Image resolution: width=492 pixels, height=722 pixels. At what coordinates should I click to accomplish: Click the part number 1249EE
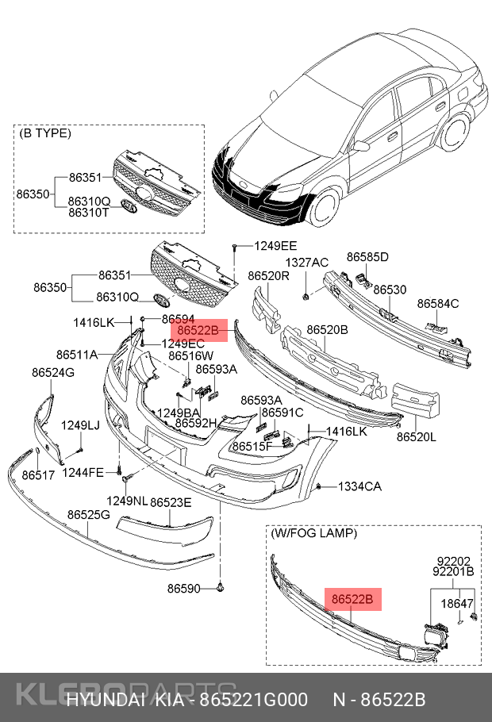tap(275, 246)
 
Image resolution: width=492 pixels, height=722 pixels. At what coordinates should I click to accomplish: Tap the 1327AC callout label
tap(307, 263)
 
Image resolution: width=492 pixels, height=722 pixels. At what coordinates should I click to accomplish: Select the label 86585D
tap(367, 257)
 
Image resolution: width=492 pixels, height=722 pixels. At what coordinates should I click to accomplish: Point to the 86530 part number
tap(390, 290)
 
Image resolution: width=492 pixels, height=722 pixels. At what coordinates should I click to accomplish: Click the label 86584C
tap(438, 303)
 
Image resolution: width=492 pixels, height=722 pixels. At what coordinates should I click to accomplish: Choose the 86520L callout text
tap(417, 436)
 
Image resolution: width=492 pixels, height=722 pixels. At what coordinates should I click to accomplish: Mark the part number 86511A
tap(77, 354)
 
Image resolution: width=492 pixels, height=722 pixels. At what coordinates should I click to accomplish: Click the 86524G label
tap(53, 372)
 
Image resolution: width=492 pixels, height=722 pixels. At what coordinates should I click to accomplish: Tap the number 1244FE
tap(83, 473)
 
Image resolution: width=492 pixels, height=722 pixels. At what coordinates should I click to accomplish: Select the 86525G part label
tap(88, 515)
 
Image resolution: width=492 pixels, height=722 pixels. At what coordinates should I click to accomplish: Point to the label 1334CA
tap(360, 486)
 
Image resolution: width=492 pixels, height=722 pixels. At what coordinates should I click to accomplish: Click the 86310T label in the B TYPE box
tap(89, 213)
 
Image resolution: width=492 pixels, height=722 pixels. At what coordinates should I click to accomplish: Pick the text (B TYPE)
tap(45, 133)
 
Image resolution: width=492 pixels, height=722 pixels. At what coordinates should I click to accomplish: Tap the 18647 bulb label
tap(457, 604)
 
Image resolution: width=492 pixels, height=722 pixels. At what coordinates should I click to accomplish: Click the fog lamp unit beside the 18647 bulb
tap(435, 637)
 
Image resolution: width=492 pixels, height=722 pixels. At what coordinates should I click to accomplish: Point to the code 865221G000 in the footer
tap(253, 700)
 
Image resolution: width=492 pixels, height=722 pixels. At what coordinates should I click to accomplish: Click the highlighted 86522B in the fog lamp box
tap(352, 600)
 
